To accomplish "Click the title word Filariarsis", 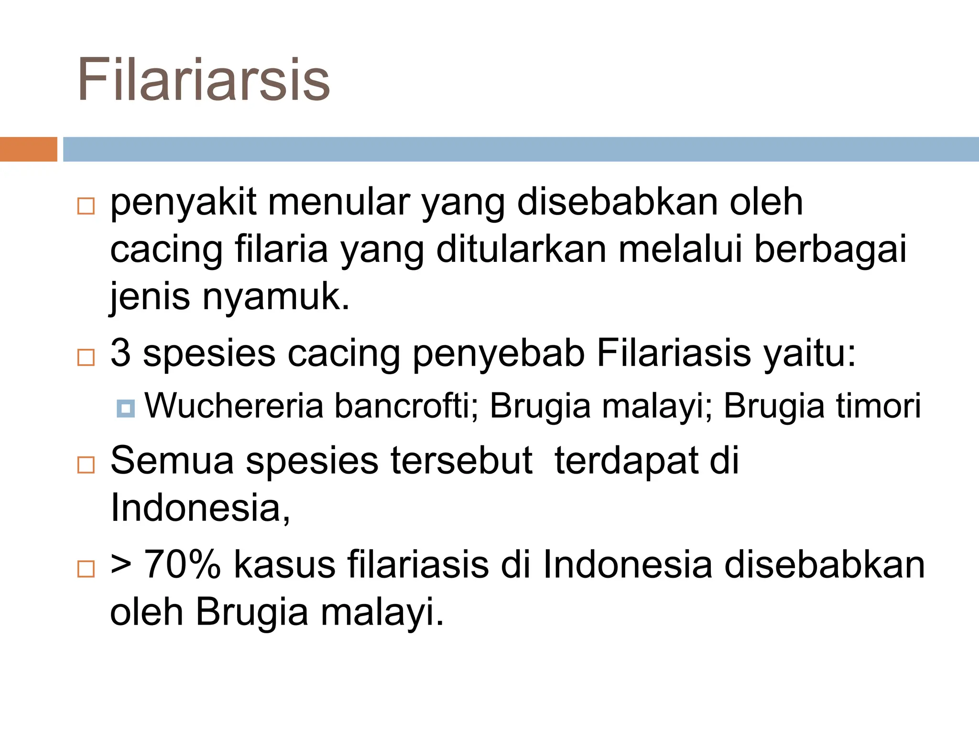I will point(204,79).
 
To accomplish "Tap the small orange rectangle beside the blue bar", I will point(28,149).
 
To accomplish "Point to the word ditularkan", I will point(522,249).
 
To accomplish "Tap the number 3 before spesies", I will point(120,353).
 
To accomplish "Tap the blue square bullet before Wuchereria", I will point(126,408).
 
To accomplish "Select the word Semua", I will point(172,461).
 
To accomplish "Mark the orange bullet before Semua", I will point(86,464).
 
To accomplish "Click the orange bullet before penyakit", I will point(86,206).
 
